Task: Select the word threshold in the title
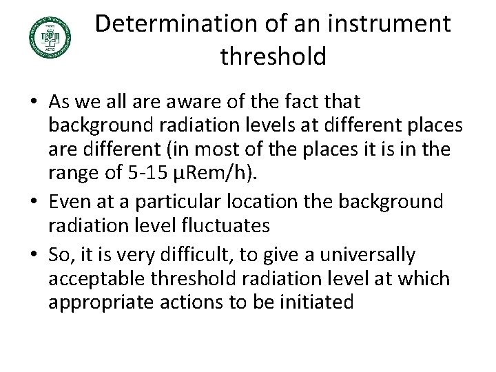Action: click(x=273, y=56)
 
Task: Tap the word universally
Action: click(x=367, y=256)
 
